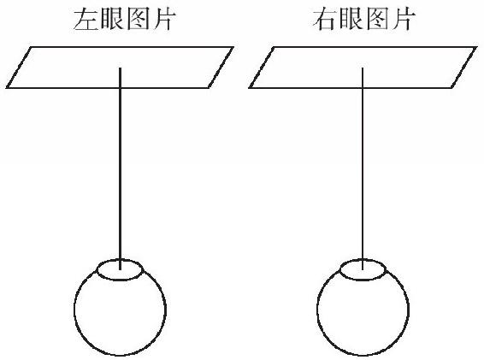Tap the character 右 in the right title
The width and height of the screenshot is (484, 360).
tap(325, 20)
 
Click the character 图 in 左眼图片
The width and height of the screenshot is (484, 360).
tap(139, 20)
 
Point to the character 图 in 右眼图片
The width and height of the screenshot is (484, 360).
tap(378, 20)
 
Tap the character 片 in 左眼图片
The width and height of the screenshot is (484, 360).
tap(164, 20)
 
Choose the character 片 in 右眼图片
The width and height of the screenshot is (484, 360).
tap(404, 20)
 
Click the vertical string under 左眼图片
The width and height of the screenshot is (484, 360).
tap(120, 168)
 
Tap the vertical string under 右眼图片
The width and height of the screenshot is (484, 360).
tap(363, 168)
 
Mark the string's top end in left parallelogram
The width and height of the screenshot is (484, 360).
tap(120, 68)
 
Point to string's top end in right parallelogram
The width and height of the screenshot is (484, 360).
tap(363, 68)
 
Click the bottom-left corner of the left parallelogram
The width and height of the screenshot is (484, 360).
tap(7, 88)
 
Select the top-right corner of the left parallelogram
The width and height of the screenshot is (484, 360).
tap(233, 47)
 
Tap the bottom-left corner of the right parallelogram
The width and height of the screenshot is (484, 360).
tap(250, 88)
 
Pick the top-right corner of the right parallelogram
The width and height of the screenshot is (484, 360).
tap(476, 47)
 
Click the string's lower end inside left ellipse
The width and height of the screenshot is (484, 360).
tap(120, 269)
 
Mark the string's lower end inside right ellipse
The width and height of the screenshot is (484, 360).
tap(363, 269)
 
